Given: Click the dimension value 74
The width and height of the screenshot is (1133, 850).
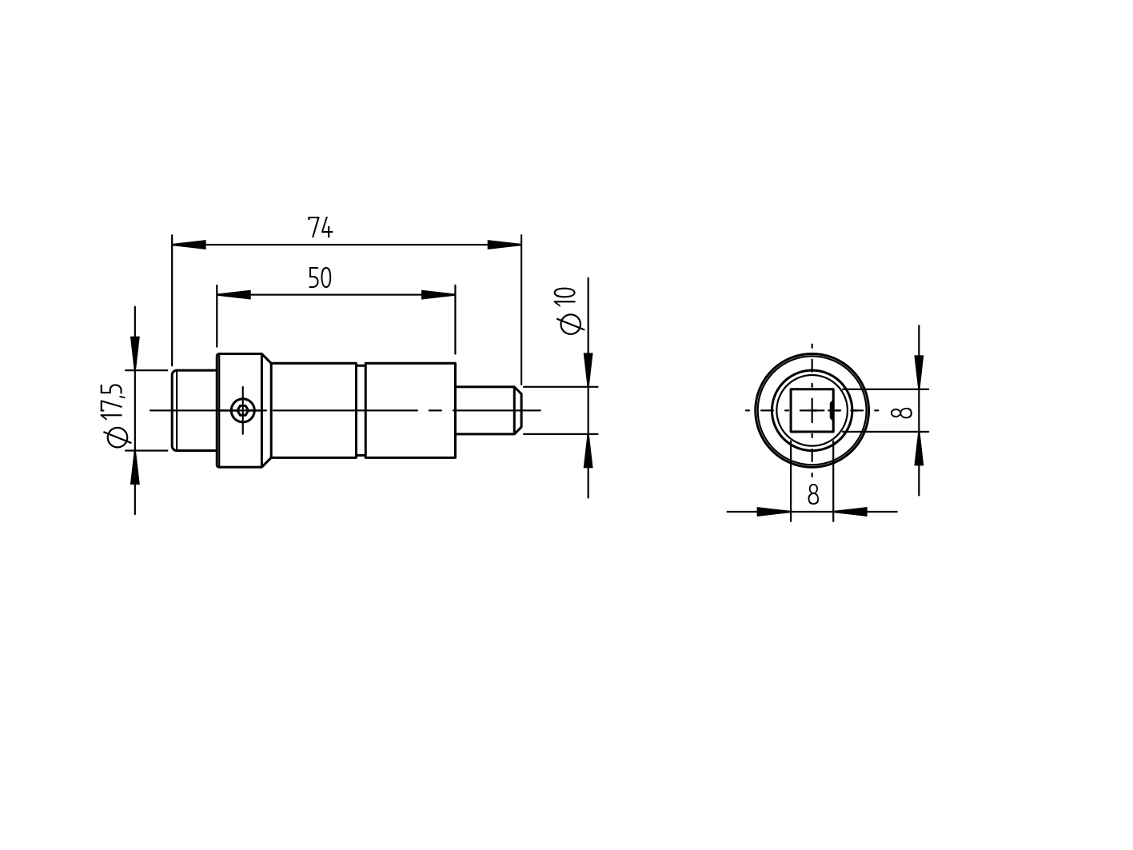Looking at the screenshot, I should pos(320,229).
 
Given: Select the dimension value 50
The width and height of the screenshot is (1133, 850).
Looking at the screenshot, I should pos(320,278).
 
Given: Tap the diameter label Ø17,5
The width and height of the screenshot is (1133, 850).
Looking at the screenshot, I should pos(114,415).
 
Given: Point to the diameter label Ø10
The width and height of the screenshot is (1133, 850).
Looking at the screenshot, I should pos(568,311).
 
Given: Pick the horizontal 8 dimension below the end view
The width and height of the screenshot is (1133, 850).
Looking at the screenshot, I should pos(812,495).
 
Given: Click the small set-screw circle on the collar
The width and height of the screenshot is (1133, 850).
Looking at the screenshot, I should pos(242,411).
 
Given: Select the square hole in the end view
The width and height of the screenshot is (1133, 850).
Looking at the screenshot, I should pos(811,410).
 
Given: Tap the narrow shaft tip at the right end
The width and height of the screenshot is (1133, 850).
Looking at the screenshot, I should pos(484,410).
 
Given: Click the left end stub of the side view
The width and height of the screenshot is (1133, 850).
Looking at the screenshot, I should pos(194,410).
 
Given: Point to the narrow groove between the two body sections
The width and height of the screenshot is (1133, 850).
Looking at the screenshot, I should pos(361,410).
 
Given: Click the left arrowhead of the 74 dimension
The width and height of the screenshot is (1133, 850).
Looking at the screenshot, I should pos(189,245).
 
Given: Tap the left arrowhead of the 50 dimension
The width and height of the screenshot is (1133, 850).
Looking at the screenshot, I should pos(233,295).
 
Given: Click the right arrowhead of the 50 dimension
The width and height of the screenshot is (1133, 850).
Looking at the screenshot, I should pos(439,295).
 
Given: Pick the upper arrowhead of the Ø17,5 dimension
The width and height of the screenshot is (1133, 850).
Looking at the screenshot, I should pos(134,353).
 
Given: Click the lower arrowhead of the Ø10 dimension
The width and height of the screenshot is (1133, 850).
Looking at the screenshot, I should pos(588,451).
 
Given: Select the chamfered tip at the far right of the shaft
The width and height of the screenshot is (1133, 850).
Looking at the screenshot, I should pos(518,410).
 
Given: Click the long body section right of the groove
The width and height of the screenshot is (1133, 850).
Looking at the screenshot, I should pos(410,410).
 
